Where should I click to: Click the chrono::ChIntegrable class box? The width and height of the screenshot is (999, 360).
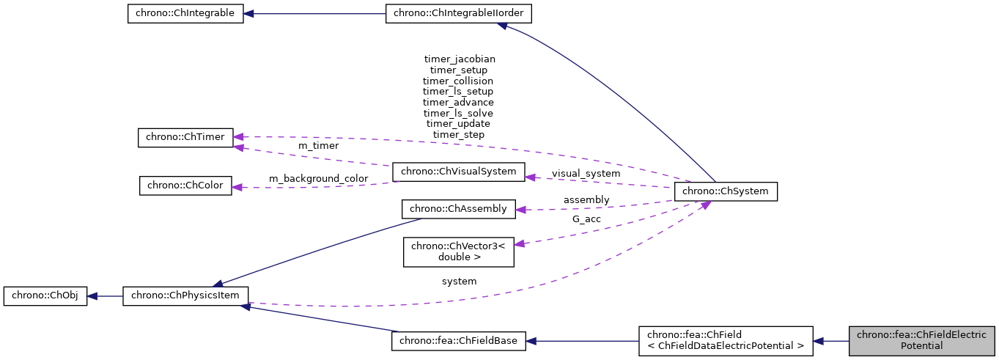coord(185,14)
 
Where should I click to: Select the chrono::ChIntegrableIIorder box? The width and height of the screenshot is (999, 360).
coord(459,14)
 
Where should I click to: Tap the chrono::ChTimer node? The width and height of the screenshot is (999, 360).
coord(185,138)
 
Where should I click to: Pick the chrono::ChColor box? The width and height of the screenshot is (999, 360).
coord(185,185)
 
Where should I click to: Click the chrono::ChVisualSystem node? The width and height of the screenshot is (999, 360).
coord(459,172)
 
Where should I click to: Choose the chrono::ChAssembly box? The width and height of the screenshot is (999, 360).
coord(459,209)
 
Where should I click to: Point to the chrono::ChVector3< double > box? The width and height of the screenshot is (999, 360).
coord(459,251)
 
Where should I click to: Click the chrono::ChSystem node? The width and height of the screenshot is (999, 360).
coord(725,191)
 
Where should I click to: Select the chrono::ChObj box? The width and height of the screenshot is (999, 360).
coord(45,297)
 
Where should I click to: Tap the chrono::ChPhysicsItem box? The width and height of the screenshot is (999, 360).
coord(185,297)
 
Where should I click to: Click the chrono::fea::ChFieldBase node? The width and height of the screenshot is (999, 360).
coord(459,341)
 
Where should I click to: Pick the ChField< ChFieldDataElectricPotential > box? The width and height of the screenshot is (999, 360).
coord(726,341)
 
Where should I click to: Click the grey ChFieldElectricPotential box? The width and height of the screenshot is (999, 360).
coord(921,341)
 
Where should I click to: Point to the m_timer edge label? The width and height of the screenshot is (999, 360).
coord(318,146)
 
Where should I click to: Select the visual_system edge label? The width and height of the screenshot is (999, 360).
coord(586,174)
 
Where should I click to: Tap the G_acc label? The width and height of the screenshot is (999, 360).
coord(586,219)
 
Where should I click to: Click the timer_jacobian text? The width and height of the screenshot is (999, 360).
coord(459,59)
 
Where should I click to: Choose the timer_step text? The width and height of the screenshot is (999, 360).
coord(458,135)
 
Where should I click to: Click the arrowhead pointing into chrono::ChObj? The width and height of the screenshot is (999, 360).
coord(93,297)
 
